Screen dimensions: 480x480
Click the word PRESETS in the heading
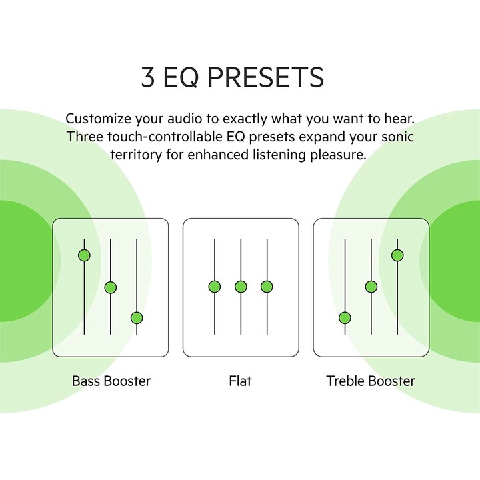266,77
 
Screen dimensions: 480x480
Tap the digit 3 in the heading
148,77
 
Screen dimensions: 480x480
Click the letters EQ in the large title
181,78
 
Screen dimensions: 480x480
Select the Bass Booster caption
111,381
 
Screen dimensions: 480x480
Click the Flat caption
240,381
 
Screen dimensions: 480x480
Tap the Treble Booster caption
371,381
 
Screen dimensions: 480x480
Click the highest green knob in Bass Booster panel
84,255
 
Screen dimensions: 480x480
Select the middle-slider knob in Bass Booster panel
111,287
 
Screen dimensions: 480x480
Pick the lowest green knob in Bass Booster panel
137,318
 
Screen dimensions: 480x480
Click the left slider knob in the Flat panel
215,287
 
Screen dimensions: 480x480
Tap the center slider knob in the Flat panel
241,287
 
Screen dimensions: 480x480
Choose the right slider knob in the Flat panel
267,287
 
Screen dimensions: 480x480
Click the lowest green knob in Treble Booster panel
345,318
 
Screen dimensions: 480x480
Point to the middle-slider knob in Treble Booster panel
371,287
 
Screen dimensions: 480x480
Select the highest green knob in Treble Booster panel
397,255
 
